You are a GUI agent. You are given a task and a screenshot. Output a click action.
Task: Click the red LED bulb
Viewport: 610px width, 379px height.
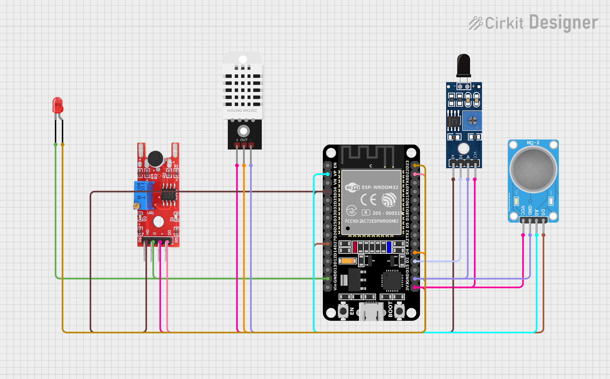tap(58, 105)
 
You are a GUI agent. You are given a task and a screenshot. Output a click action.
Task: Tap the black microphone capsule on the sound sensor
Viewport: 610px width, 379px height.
tap(156, 159)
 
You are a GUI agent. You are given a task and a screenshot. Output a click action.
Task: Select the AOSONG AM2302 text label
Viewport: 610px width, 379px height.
tap(242, 111)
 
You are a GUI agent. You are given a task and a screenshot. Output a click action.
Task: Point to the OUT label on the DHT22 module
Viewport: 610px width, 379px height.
tap(244, 140)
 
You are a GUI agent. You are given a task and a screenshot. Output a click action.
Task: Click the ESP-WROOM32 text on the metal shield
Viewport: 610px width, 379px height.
tap(380, 187)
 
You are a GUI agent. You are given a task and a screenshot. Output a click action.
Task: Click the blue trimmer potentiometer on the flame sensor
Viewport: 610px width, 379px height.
tap(472, 121)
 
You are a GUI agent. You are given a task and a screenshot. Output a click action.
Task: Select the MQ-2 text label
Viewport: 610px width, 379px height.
tap(533, 143)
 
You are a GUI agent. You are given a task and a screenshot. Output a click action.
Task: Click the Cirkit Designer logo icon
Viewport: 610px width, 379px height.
tap(475, 23)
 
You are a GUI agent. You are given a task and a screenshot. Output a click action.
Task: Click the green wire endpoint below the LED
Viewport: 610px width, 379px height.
tap(56, 145)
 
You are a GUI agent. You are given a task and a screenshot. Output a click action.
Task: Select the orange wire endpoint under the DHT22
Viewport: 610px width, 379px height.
tap(244, 165)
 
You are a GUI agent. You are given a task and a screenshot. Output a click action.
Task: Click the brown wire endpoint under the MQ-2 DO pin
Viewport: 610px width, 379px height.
tap(544, 235)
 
